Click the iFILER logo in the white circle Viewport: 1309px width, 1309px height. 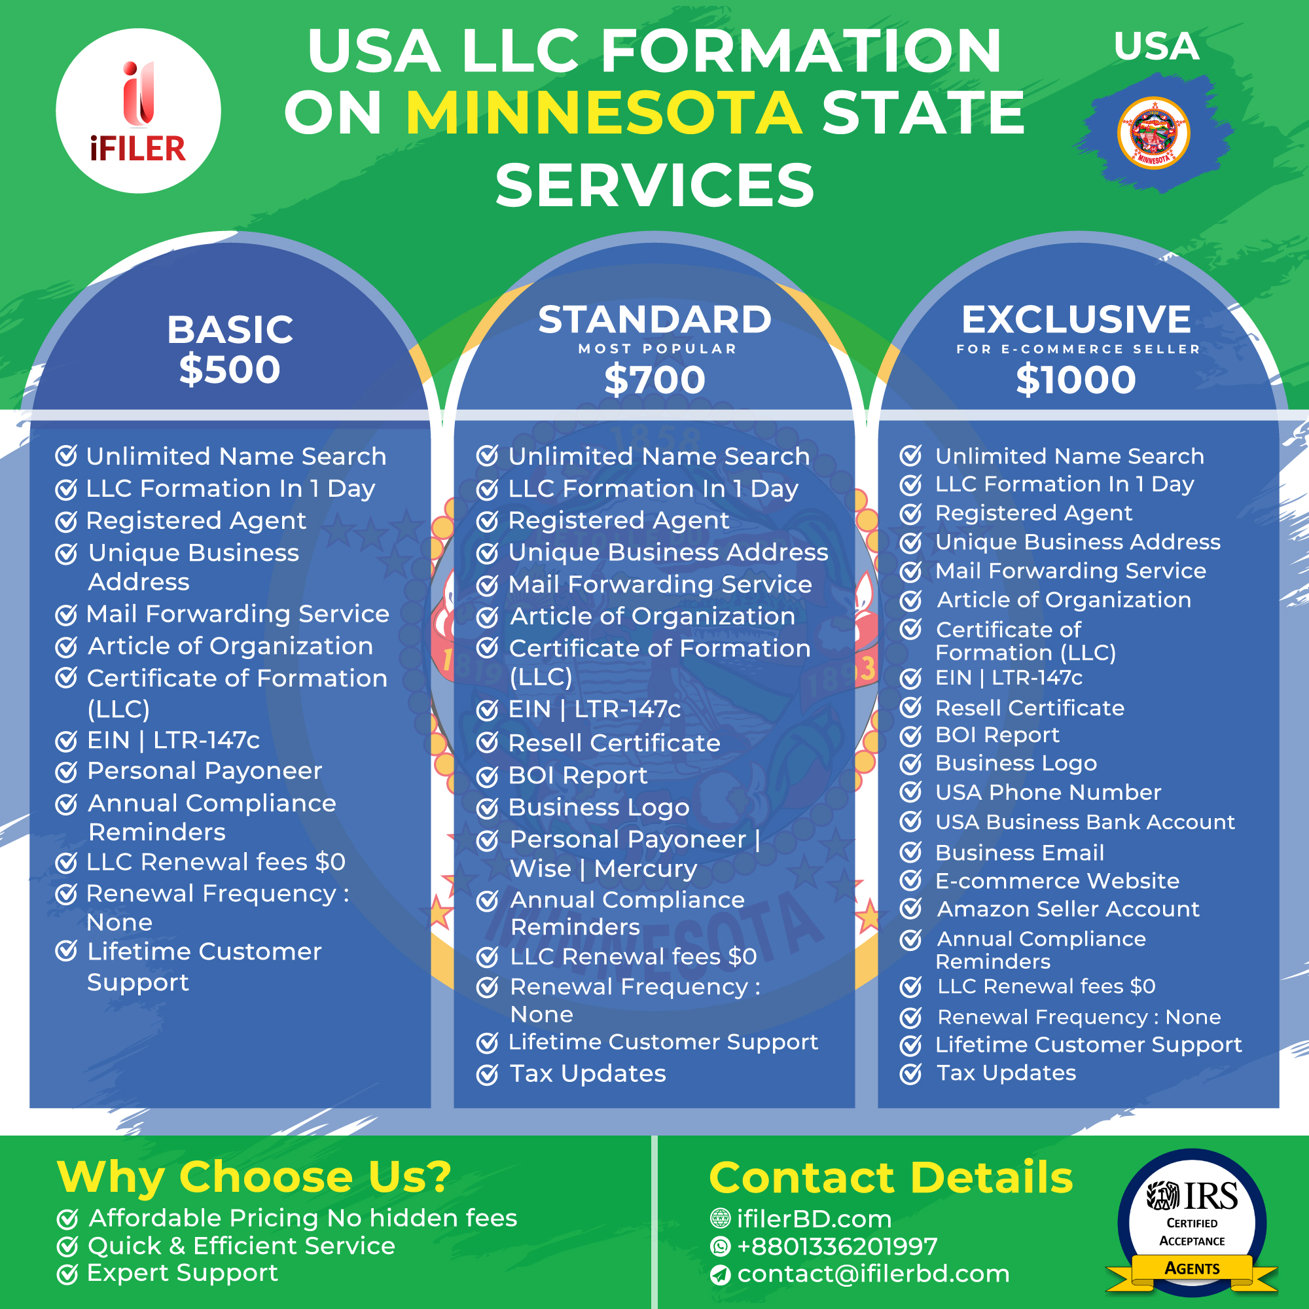(138, 112)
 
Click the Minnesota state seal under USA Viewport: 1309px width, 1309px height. (1153, 133)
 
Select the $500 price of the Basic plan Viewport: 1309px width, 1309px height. (230, 369)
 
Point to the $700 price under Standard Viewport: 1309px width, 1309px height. (654, 380)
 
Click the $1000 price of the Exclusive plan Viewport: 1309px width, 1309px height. (1076, 380)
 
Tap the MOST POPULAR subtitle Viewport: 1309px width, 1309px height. (657, 349)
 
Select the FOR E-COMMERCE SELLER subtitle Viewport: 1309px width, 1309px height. (1078, 349)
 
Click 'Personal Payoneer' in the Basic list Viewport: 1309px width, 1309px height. (205, 771)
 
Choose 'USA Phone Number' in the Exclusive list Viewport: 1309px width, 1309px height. (1048, 792)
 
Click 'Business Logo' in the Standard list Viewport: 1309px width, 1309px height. (599, 808)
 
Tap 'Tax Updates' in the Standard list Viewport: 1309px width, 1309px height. (588, 1074)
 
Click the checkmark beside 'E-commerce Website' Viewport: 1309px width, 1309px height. (910, 881)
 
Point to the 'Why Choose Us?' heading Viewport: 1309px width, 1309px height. (254, 1177)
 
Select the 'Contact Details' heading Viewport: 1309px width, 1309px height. (891, 1177)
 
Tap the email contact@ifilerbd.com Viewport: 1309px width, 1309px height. (873, 1274)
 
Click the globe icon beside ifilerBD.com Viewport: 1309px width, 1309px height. (719, 1218)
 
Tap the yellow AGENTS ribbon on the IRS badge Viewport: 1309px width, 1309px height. (1192, 1268)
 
